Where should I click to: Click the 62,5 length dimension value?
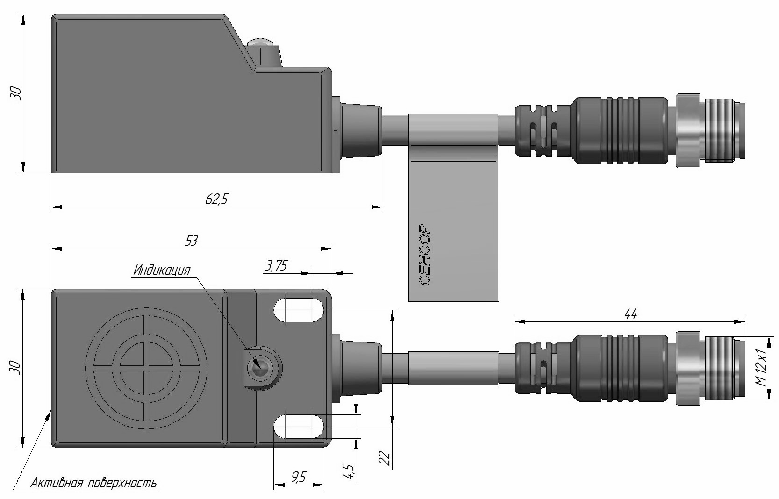click(x=216, y=200)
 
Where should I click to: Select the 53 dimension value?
click(x=192, y=240)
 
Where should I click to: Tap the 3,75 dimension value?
click(x=276, y=266)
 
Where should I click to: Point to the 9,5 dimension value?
click(x=298, y=477)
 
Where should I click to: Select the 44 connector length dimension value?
click(x=630, y=314)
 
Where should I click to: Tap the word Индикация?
click(x=162, y=270)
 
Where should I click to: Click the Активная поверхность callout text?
click(x=93, y=483)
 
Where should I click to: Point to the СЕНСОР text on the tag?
click(x=424, y=255)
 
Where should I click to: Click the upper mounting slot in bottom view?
click(x=300, y=310)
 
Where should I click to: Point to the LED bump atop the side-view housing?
click(x=262, y=44)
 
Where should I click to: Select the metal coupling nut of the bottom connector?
click(x=687, y=368)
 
